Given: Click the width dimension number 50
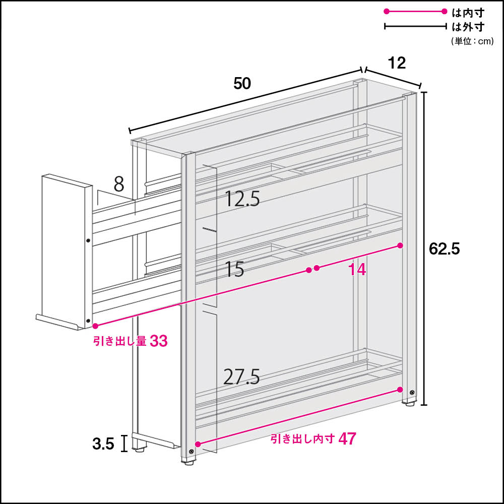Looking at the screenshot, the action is click(x=242, y=84).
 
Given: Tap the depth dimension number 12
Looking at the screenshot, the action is click(x=397, y=63).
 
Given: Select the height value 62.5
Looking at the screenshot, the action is click(x=445, y=249).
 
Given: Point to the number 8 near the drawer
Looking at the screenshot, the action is click(x=119, y=184).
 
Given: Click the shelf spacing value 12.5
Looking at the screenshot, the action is click(x=242, y=199).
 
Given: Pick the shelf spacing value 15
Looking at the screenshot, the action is click(x=234, y=269).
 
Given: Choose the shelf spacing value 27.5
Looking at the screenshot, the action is click(x=241, y=376).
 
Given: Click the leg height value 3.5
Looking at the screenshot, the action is click(x=103, y=444).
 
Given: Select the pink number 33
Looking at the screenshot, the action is click(x=159, y=341).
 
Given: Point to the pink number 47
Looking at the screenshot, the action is click(x=347, y=439).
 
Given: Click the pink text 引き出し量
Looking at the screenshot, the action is click(x=120, y=341).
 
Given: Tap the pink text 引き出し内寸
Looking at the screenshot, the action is click(x=302, y=439).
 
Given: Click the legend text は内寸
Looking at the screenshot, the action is click(x=468, y=13).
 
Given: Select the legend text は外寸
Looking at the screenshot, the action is click(x=468, y=27).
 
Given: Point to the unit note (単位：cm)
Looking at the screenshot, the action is click(x=472, y=41).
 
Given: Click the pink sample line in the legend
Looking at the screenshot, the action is click(x=415, y=12).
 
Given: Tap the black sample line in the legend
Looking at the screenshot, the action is click(x=415, y=26).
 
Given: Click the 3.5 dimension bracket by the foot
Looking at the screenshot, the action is click(x=124, y=444).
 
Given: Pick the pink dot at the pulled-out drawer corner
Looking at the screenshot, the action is click(x=95, y=326).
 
